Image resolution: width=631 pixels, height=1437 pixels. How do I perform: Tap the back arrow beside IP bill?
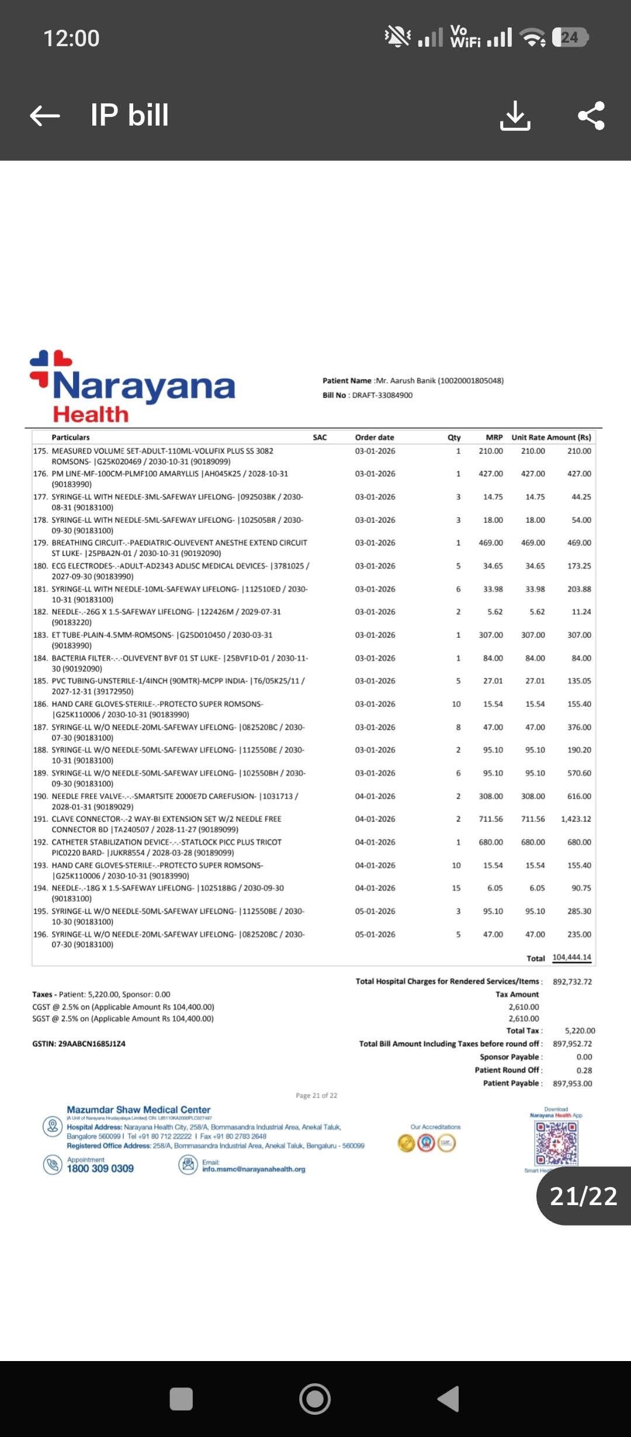(x=45, y=116)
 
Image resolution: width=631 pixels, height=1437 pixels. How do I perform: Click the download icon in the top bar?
(x=515, y=115)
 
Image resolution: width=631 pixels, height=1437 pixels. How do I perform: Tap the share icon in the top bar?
(x=591, y=115)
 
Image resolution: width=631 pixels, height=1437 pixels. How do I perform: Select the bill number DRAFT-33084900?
(x=382, y=395)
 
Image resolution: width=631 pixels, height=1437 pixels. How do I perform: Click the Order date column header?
(x=375, y=438)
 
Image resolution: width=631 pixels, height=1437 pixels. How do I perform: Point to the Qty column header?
(x=454, y=438)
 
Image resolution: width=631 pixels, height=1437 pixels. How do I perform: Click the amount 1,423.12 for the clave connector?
(x=575, y=819)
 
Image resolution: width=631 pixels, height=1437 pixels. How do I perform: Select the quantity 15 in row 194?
(x=456, y=888)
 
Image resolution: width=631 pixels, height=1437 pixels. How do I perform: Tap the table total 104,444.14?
(x=571, y=957)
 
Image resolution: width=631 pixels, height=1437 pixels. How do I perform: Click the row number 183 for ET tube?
(x=40, y=635)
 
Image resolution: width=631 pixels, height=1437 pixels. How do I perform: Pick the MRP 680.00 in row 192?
(x=491, y=842)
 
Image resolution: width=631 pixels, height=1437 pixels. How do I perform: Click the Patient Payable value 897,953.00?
(x=573, y=1084)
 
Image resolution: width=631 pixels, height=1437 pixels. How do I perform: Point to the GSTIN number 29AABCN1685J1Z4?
(x=92, y=1044)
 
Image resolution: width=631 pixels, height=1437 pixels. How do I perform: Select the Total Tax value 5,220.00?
(x=580, y=1031)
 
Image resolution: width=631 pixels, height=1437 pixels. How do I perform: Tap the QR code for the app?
(x=556, y=1143)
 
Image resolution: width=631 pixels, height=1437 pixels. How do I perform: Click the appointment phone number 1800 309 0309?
(x=100, y=1169)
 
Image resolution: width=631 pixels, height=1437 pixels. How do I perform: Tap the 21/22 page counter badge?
(x=584, y=1196)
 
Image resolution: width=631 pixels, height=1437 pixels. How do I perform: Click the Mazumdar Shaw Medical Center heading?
(x=138, y=1110)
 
